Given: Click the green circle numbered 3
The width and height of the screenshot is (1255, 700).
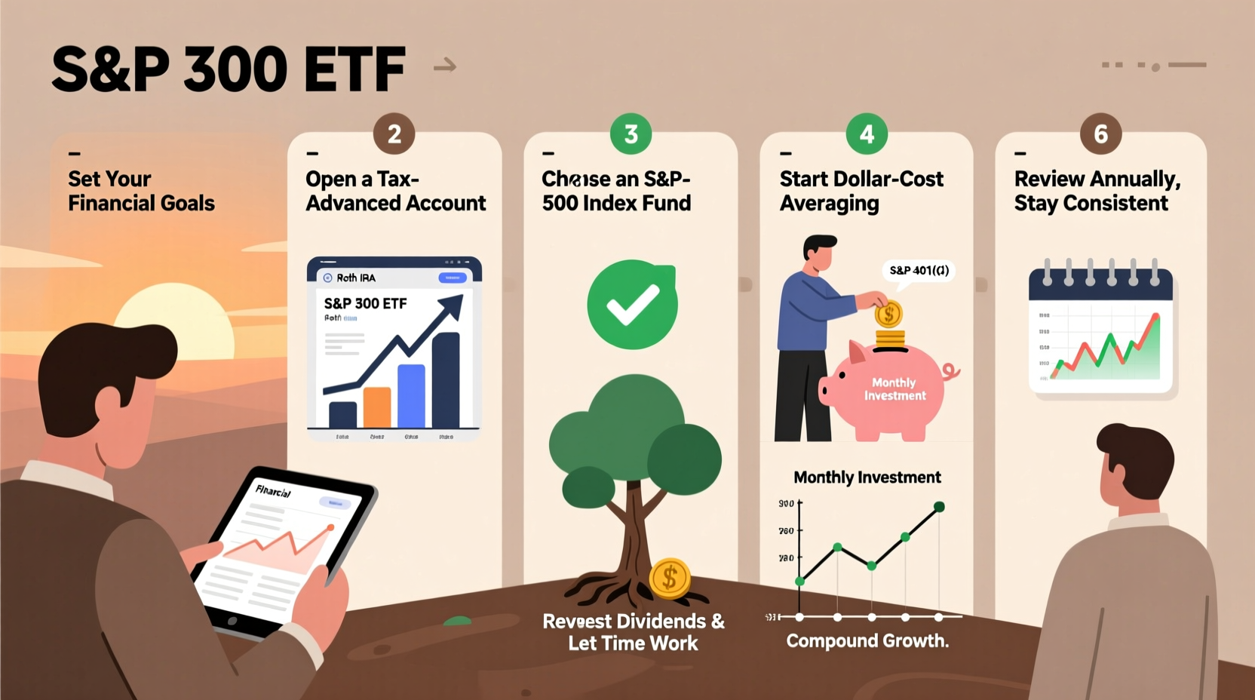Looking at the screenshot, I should pyautogui.click(x=631, y=134).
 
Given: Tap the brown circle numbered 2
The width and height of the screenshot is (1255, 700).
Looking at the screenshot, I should pyautogui.click(x=394, y=134).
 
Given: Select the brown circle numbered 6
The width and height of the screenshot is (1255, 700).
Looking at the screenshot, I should pyautogui.click(x=1100, y=134).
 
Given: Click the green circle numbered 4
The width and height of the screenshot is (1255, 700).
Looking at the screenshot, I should pyautogui.click(x=867, y=134).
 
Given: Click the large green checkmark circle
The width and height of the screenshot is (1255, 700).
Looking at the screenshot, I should pyautogui.click(x=632, y=304).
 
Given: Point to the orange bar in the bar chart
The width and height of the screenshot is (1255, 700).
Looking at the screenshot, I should pyautogui.click(x=377, y=407).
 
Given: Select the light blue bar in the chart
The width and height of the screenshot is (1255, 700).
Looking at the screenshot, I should pyautogui.click(x=411, y=395).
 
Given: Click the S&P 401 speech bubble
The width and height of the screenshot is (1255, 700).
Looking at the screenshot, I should pyautogui.click(x=919, y=270).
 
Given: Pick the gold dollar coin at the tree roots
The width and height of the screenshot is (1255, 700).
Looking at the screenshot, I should pyautogui.click(x=669, y=579).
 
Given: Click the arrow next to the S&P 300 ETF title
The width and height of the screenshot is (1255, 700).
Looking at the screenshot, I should pyautogui.click(x=445, y=66).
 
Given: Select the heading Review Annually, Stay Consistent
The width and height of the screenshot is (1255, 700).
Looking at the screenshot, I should pyautogui.click(x=1097, y=191).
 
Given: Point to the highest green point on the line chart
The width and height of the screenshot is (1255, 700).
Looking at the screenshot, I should pyautogui.click(x=939, y=507).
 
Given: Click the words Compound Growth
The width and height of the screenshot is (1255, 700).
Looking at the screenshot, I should pyautogui.click(x=867, y=640).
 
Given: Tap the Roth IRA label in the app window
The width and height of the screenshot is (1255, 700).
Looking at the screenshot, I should pyautogui.click(x=355, y=278).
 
